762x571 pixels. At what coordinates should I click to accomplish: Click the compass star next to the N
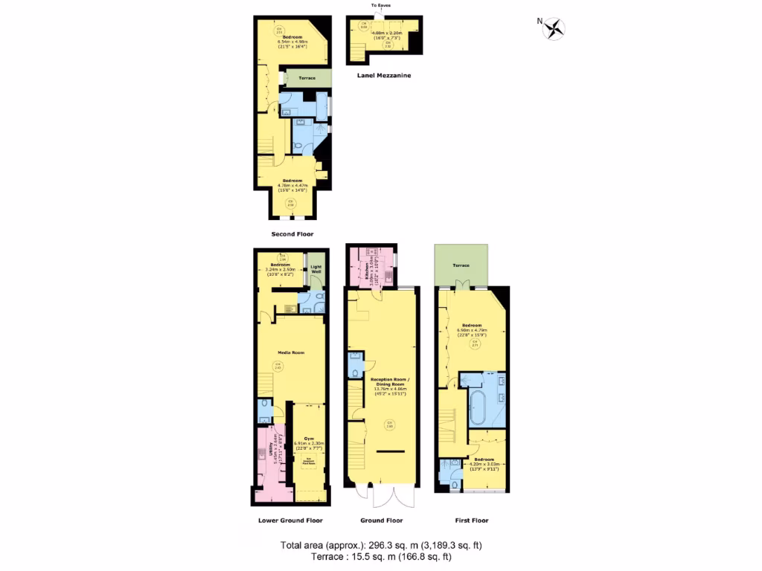click(x=555, y=29)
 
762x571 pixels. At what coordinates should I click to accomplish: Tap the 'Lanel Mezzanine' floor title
click(x=383, y=75)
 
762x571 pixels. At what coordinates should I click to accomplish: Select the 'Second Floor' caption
click(x=292, y=233)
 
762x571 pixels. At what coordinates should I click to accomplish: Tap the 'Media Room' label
click(x=292, y=352)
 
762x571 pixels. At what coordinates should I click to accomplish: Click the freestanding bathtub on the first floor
click(x=478, y=408)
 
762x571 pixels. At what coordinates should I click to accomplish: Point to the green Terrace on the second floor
click(x=307, y=78)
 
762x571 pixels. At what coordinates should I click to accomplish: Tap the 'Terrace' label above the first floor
click(x=461, y=265)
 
